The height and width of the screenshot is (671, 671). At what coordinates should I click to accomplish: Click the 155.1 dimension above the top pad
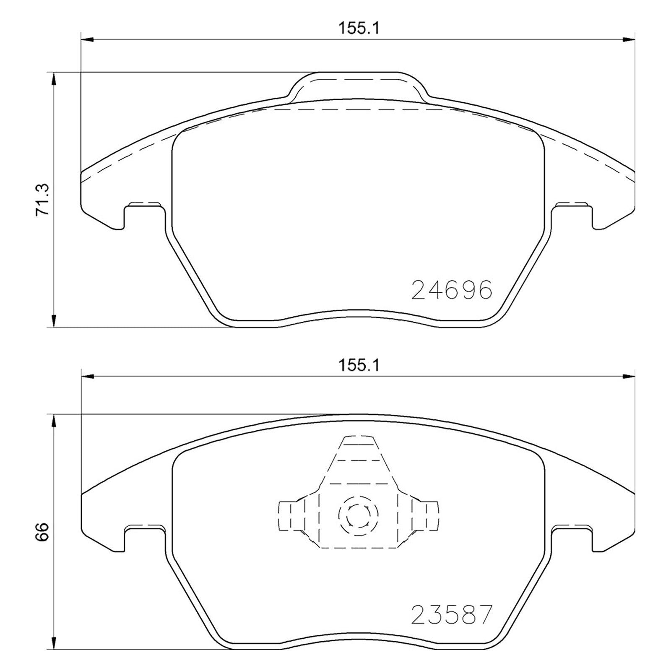click(358, 28)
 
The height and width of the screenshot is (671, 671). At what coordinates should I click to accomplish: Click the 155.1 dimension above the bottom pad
click(358, 365)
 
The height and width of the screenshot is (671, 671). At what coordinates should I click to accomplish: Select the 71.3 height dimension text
click(43, 200)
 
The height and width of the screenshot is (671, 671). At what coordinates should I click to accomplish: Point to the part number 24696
click(451, 289)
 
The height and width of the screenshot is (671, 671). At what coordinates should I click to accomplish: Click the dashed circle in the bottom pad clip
click(358, 516)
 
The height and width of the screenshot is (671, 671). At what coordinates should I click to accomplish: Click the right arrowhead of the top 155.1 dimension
click(629, 40)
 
